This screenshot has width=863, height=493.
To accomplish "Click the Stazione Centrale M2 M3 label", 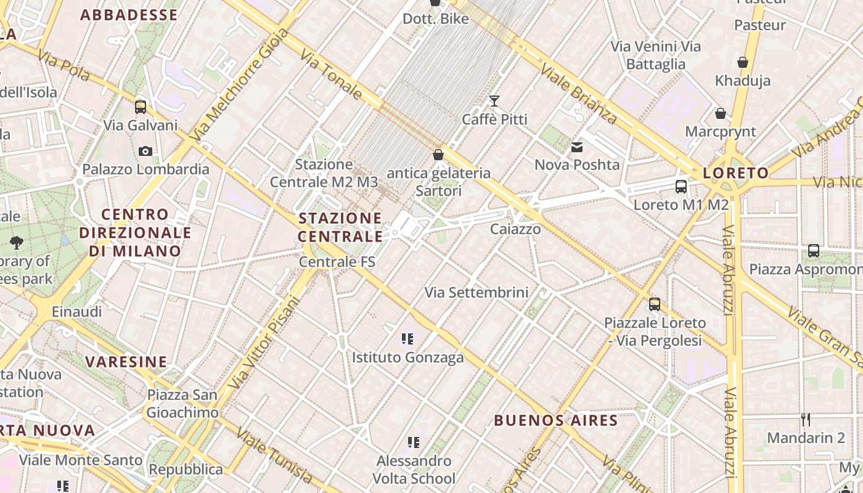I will (x=324, y=173).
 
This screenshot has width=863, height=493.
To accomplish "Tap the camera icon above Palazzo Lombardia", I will (x=145, y=151).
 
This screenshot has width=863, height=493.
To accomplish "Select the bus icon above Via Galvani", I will (x=141, y=107).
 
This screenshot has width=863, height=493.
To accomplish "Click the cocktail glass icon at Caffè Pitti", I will (x=494, y=100).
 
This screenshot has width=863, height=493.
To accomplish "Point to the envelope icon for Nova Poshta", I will (x=577, y=147).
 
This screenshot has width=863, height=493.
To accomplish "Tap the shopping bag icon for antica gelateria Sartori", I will (x=438, y=155).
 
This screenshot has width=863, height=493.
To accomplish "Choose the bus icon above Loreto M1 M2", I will (x=681, y=186).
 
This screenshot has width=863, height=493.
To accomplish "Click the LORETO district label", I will (x=736, y=173).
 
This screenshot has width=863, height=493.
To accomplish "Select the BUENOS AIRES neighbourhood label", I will (x=555, y=421).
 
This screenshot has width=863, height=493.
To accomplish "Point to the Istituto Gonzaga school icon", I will (x=407, y=338).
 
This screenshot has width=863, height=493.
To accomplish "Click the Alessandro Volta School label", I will (x=414, y=470).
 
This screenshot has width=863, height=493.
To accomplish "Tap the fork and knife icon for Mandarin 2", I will (x=806, y=420).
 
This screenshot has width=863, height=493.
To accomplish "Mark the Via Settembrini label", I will (x=476, y=293).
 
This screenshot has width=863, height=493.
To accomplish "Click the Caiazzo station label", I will (x=515, y=229).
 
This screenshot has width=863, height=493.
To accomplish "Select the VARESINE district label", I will (x=126, y=362).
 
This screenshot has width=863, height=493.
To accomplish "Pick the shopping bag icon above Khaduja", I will (x=743, y=62).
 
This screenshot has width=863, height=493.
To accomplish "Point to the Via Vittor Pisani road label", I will (x=264, y=343).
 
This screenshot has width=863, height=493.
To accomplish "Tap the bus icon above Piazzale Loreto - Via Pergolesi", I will (x=654, y=304).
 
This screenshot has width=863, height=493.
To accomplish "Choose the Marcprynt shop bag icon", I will (x=720, y=113).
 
